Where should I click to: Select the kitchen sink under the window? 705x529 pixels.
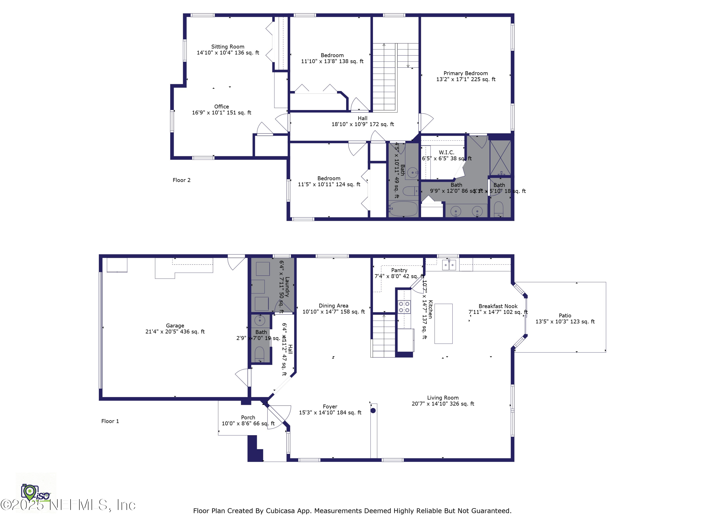coord(449,265)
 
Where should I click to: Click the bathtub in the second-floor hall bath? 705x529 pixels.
coord(403,209)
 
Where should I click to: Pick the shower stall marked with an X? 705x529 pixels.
coord(500,158)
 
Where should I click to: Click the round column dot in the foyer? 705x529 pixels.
coord(373,410)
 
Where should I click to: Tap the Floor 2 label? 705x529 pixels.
coord(181,180)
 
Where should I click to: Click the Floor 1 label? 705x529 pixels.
coord(110,421)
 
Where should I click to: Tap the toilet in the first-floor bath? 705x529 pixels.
coord(260,354)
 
